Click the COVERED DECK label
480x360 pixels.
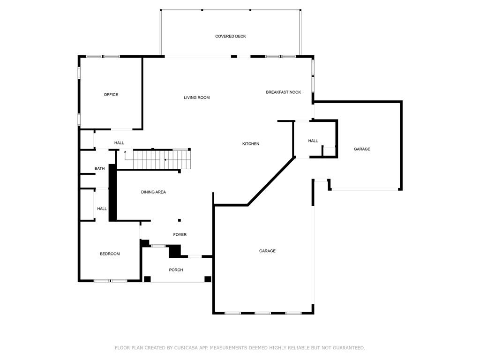coord(230,37)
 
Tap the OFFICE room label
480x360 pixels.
coord(111,95)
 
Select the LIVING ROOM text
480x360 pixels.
coord(196,97)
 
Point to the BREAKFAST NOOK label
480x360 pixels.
coord(283,92)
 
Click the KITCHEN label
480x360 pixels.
coord(250,144)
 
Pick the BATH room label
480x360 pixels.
coord(99,169)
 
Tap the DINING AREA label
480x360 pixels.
coord(153,192)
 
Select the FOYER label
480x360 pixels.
coord(180,234)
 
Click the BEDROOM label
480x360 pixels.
coord(110,254)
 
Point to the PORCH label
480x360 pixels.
coord(176,270)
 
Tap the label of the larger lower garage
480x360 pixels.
coord(267,251)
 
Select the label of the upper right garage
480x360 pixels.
coord(361,149)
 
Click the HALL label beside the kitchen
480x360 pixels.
coord(313,141)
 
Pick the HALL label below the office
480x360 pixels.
coord(119,143)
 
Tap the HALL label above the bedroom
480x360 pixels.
coord(102,209)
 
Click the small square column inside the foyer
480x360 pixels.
coord(179,220)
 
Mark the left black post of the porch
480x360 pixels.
coord(147,279)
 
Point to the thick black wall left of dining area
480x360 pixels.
coord(112,192)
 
